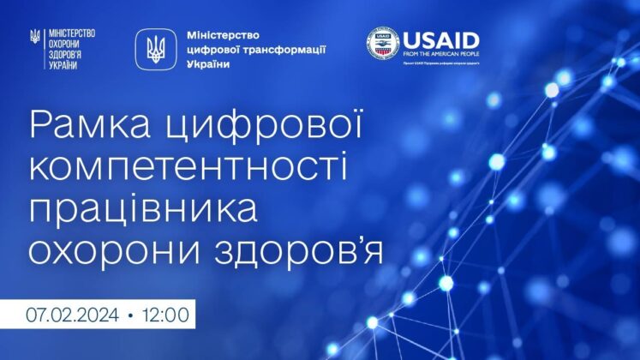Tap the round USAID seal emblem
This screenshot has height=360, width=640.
(x=383, y=45)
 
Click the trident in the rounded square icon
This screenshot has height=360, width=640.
(x=156, y=50)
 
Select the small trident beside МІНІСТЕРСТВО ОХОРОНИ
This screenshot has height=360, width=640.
(x=34, y=38)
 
